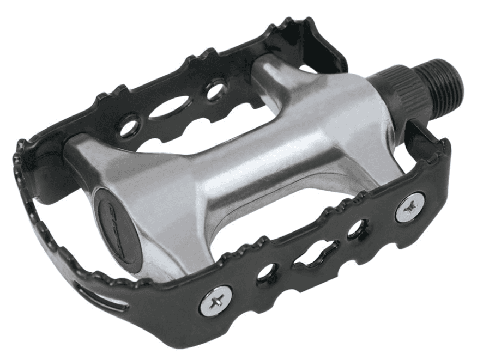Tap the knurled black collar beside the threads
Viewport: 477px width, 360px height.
(x=403, y=88)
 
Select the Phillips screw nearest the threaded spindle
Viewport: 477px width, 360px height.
(x=410, y=207)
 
